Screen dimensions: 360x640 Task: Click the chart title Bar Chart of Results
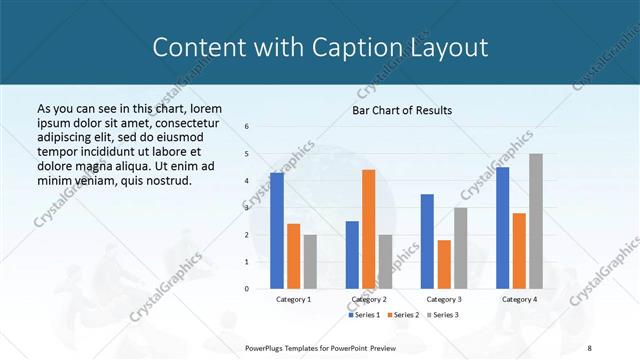(x=401, y=110)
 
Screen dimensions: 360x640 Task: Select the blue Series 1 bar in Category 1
(x=277, y=230)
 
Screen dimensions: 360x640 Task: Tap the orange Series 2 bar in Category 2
(x=368, y=229)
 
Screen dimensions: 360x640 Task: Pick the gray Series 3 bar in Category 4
(x=536, y=221)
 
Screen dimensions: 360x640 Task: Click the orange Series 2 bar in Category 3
(x=444, y=264)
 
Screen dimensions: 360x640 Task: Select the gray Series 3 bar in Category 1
(x=309, y=261)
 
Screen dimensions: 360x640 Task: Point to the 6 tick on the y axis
(x=247, y=127)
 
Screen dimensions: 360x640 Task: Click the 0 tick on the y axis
(x=247, y=289)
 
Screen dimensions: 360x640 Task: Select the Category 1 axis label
(x=293, y=299)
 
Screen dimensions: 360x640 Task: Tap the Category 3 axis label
(x=444, y=299)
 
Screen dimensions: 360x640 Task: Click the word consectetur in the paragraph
(x=182, y=122)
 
